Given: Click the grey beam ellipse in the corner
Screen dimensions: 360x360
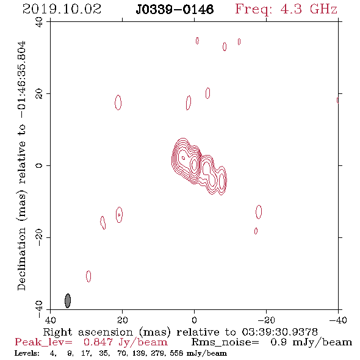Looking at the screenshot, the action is [x=68, y=301].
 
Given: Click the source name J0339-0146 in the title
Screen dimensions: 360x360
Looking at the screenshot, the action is [x=175, y=9].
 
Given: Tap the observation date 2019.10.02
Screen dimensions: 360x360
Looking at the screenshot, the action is [x=62, y=9].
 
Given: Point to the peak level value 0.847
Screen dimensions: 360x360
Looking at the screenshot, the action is [x=98, y=342].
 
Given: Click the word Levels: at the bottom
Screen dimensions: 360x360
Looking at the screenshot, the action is [x=27, y=353].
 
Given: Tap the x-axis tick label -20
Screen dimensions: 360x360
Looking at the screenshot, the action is [x=266, y=320].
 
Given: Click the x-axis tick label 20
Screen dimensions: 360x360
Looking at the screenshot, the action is [x=122, y=320].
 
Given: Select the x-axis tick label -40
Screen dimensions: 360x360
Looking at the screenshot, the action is [x=338, y=320].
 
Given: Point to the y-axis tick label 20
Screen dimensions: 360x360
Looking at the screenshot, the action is [x=39, y=94].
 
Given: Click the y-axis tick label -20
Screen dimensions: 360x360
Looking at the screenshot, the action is [x=39, y=237].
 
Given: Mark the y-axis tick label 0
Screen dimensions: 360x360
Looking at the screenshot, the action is [x=39, y=165].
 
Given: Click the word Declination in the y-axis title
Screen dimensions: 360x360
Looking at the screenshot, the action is [x=21, y=259].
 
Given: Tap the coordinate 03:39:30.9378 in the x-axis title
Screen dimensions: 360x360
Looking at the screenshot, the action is [x=279, y=332].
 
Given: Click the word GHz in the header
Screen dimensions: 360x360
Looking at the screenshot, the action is [x=323, y=9].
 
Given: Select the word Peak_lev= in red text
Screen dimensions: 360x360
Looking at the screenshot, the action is [x=43, y=342].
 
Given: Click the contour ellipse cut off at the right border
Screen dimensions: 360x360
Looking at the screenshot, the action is [x=337, y=100].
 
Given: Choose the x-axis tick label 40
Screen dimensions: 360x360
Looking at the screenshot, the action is [x=50, y=320].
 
